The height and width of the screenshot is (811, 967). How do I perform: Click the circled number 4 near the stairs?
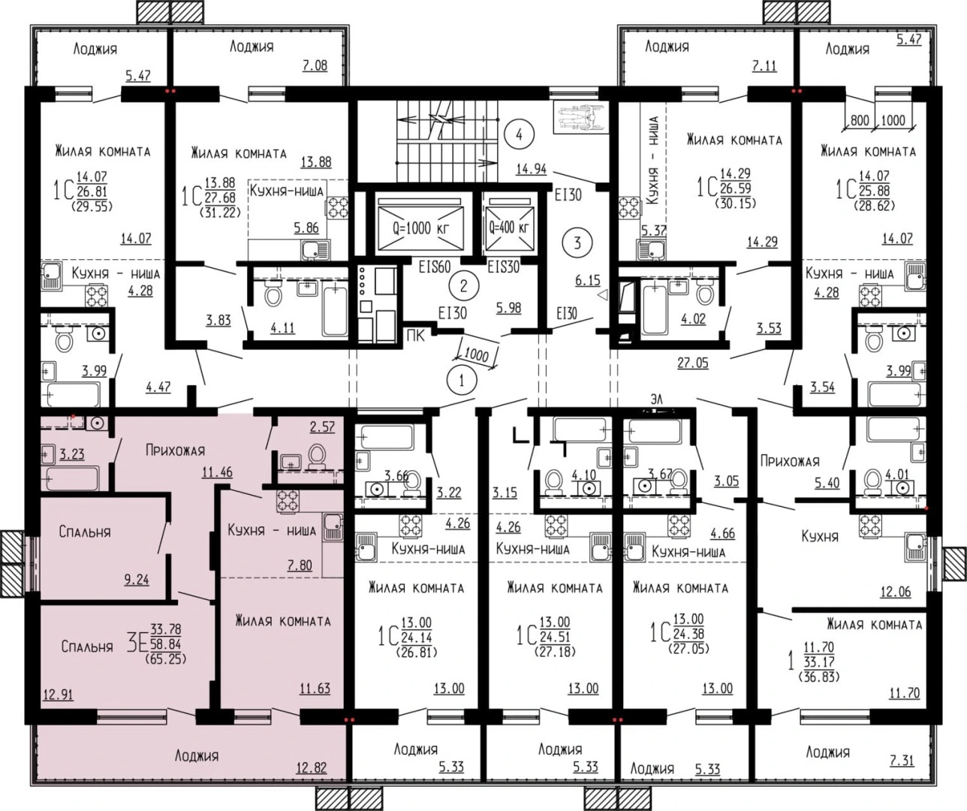(519, 134)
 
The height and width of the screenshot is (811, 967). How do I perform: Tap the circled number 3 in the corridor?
(577, 243)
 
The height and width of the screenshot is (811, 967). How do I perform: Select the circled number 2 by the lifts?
(463, 286)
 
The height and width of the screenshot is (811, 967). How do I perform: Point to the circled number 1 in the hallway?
(461, 381)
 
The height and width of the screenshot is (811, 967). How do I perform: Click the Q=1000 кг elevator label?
(420, 228)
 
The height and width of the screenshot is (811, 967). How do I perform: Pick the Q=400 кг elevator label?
(508, 228)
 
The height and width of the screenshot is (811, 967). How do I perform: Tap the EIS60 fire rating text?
(435, 267)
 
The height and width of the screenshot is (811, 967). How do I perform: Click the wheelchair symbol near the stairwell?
(580, 118)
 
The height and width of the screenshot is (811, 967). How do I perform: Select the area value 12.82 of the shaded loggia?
(312, 767)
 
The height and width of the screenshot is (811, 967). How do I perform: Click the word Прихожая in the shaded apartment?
(175, 451)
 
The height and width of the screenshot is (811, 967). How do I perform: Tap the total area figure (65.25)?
(165, 658)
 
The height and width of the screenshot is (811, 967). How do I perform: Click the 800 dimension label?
(860, 120)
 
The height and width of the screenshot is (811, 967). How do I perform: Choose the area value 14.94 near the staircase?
(532, 170)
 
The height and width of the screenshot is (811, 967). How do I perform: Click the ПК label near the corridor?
(415, 336)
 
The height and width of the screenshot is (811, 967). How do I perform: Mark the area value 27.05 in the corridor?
(693, 363)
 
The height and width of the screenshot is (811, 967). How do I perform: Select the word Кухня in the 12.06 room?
(820, 536)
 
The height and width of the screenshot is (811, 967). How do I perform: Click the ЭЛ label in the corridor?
(655, 399)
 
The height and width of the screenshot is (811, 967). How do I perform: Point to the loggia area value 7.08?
(315, 65)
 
